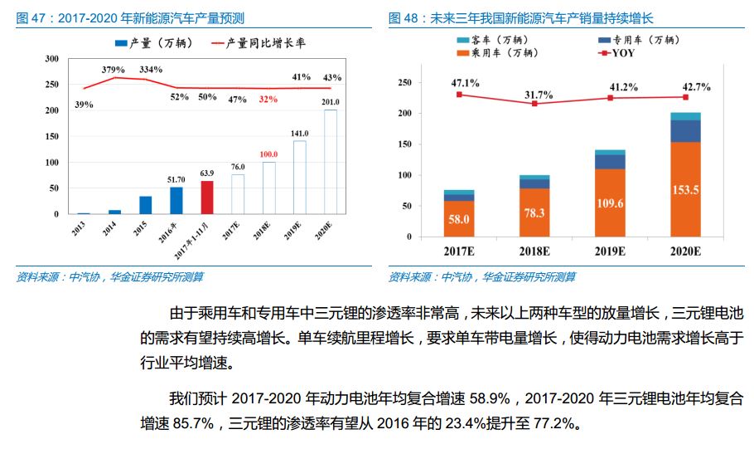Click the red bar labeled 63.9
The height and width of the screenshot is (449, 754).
click(207, 198)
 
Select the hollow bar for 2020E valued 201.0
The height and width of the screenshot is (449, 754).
click(330, 162)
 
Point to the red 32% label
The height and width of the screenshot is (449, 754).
click(268, 99)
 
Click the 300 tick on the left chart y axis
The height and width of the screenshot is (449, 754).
click(52, 58)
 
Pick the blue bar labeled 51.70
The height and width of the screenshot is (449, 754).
click(176, 200)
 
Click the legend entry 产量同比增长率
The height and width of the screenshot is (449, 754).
click(260, 41)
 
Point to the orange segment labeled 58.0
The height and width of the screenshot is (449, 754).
click(459, 219)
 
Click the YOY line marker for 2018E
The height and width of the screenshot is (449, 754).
click(534, 104)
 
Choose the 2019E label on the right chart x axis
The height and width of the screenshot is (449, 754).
click(610, 250)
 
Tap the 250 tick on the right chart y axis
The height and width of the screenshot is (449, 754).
click(405, 82)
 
